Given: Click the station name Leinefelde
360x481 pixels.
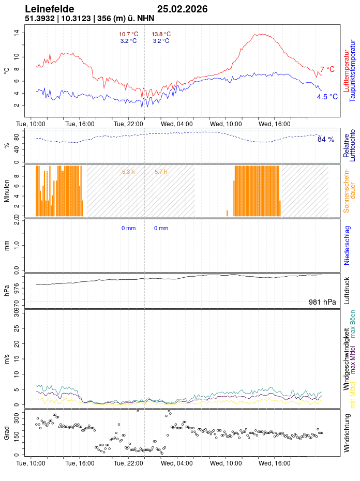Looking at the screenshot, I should pos(49,9).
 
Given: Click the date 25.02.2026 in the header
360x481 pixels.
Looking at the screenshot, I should pos(182,9).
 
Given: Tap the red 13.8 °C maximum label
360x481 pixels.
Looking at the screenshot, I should pos(161,34).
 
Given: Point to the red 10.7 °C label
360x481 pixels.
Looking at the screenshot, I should pos(128,34).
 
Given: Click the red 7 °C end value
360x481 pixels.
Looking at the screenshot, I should pos(327,69).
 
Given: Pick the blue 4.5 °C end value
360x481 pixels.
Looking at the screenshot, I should pos(327,97).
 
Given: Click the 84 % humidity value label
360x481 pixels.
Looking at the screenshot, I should pos(326,139).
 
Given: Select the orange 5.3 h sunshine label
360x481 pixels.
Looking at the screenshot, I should pos(128,172).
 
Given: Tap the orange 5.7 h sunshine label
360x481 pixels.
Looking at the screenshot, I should pos(161,172).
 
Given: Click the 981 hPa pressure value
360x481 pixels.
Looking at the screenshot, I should pos(322,302).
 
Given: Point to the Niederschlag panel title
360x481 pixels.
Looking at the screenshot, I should pos(347,246).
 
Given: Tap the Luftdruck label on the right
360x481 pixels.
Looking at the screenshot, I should pos(347,291).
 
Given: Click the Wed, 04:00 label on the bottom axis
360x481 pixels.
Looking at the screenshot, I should pos(177,463).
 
